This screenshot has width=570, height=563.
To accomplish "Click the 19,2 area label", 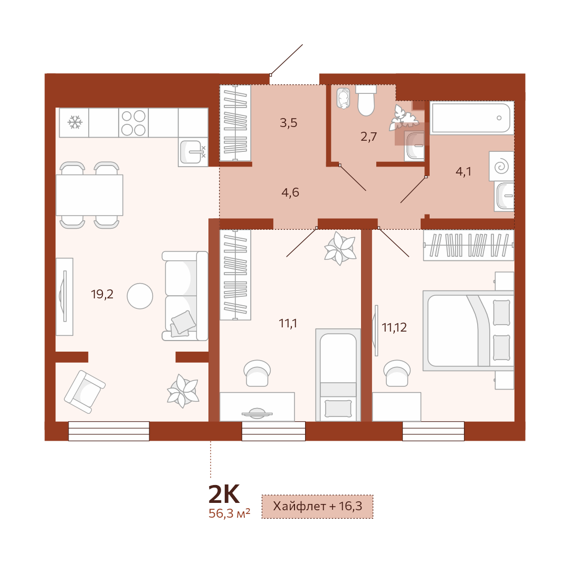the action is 102,294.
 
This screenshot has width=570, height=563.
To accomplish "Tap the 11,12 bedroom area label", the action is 394,327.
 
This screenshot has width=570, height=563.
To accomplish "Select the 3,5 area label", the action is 289,123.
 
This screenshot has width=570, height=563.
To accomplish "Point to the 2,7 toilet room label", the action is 368,137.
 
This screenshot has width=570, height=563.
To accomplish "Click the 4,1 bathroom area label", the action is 463,171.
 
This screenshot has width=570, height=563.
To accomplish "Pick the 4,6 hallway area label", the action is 290,192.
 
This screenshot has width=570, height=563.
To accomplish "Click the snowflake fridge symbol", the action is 75,122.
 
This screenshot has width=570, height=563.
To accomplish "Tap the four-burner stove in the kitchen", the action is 134,123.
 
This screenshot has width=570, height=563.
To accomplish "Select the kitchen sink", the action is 193,152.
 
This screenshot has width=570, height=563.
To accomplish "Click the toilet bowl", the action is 366,100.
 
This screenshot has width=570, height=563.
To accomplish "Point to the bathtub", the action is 472,118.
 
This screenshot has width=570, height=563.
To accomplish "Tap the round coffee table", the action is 140,296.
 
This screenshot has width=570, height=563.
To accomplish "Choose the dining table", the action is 89,195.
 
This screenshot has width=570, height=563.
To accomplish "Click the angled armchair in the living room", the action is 84,392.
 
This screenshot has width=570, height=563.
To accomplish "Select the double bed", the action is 469,331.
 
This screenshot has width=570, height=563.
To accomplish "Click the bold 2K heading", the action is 224,493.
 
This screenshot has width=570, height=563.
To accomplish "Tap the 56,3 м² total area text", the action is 230,513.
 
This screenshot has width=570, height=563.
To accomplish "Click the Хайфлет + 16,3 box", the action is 317,507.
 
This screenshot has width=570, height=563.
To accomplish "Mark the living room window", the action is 109,431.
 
